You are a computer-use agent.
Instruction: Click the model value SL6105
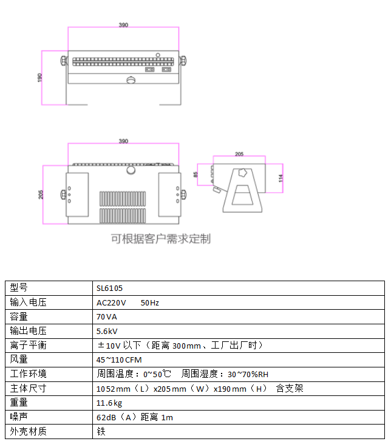click(x=109, y=288)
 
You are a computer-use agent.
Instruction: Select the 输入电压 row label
click(x=28, y=302)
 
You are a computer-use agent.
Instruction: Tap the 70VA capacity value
click(x=107, y=316)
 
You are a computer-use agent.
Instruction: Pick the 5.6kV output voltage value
click(x=107, y=331)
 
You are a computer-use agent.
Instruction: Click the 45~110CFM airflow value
click(x=119, y=360)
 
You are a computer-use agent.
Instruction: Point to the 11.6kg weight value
click(x=109, y=403)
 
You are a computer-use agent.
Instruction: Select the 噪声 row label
click(x=19, y=417)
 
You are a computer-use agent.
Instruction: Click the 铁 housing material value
click(x=101, y=431)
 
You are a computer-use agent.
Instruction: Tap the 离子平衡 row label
click(x=28, y=345)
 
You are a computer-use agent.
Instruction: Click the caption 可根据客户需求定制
click(x=161, y=239)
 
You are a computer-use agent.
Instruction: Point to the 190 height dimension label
click(x=39, y=78)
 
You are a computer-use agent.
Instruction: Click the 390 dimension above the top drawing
click(x=123, y=25)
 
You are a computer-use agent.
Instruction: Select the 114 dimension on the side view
click(x=280, y=178)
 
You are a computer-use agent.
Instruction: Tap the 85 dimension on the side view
click(x=195, y=174)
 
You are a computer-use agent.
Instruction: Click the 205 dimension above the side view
click(x=239, y=154)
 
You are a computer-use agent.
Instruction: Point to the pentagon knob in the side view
click(x=242, y=172)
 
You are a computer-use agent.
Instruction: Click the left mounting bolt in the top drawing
click(x=64, y=61)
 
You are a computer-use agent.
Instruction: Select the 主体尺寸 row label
click(x=28, y=388)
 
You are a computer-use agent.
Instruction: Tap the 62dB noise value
click(x=106, y=417)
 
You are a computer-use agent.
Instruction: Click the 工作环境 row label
click(x=28, y=374)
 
